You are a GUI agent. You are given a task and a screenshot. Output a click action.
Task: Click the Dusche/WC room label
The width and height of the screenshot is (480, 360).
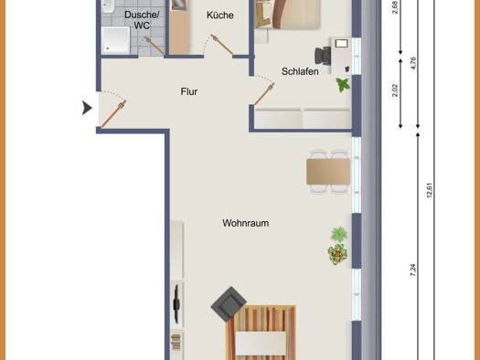tap(142, 20)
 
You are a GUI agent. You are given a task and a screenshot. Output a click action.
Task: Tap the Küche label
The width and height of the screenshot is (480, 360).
tap(220, 15)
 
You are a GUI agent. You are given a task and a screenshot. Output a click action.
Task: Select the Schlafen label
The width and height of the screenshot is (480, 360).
tap(300, 71)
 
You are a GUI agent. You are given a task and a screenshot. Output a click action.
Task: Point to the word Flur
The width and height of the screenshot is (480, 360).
tap(189, 91)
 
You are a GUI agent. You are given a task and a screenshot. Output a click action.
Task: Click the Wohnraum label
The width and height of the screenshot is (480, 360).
tap(246, 223)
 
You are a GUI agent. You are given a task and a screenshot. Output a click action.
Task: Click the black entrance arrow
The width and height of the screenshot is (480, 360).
tap(87, 108)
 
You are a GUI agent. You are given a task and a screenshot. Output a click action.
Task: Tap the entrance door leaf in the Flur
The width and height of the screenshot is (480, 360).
tap(113, 113)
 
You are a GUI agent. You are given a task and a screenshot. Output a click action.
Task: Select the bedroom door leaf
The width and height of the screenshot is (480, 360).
tap(264, 94)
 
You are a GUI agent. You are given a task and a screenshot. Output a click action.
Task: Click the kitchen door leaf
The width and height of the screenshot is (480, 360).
tap(222, 45)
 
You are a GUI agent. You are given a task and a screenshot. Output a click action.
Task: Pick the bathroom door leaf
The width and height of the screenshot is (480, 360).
tap(155, 47)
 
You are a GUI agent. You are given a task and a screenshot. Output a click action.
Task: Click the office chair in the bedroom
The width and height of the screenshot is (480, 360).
tap(323, 56)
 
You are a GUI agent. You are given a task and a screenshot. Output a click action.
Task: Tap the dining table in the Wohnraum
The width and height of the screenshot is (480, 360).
tap(328, 172)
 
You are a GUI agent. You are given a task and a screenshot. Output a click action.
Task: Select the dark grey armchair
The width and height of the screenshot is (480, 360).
tap(229, 304)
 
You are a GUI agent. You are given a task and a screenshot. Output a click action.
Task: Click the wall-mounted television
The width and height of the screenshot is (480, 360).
tap(176, 303)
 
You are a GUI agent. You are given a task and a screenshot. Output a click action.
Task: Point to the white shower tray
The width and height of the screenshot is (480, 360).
tap(116, 40)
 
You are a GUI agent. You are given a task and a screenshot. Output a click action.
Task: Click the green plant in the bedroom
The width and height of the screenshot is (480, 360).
tap(343, 85)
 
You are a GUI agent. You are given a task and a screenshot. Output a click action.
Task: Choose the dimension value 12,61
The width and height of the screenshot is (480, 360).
tap(429, 190)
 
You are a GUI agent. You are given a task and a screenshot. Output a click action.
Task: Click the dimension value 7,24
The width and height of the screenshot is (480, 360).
tap(412, 270)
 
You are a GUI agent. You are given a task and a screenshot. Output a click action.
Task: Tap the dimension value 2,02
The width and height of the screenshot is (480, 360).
tap(395, 90)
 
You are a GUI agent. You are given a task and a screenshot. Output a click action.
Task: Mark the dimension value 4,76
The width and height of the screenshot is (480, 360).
tap(412, 63)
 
